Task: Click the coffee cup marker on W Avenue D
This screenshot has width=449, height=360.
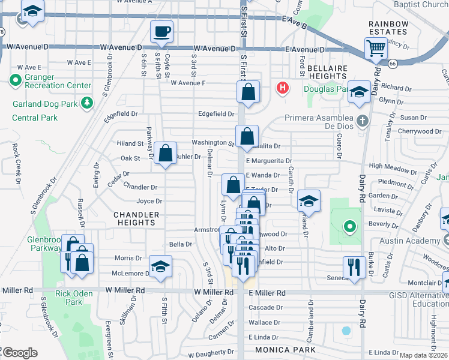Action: click(161, 31)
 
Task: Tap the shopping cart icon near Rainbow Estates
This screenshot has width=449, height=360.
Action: click(376, 48)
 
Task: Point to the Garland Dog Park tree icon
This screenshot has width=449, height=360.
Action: click(87, 103)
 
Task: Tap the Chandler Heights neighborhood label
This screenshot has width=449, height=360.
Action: click(136, 218)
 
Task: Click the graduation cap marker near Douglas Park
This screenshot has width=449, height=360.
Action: click(359, 91)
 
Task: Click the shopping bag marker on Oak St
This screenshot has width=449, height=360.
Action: click(166, 152)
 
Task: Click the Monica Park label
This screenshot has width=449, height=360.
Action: click(282, 349)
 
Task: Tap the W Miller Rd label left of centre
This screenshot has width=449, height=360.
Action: click(213, 292)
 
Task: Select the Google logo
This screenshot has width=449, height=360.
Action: click(20, 353)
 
